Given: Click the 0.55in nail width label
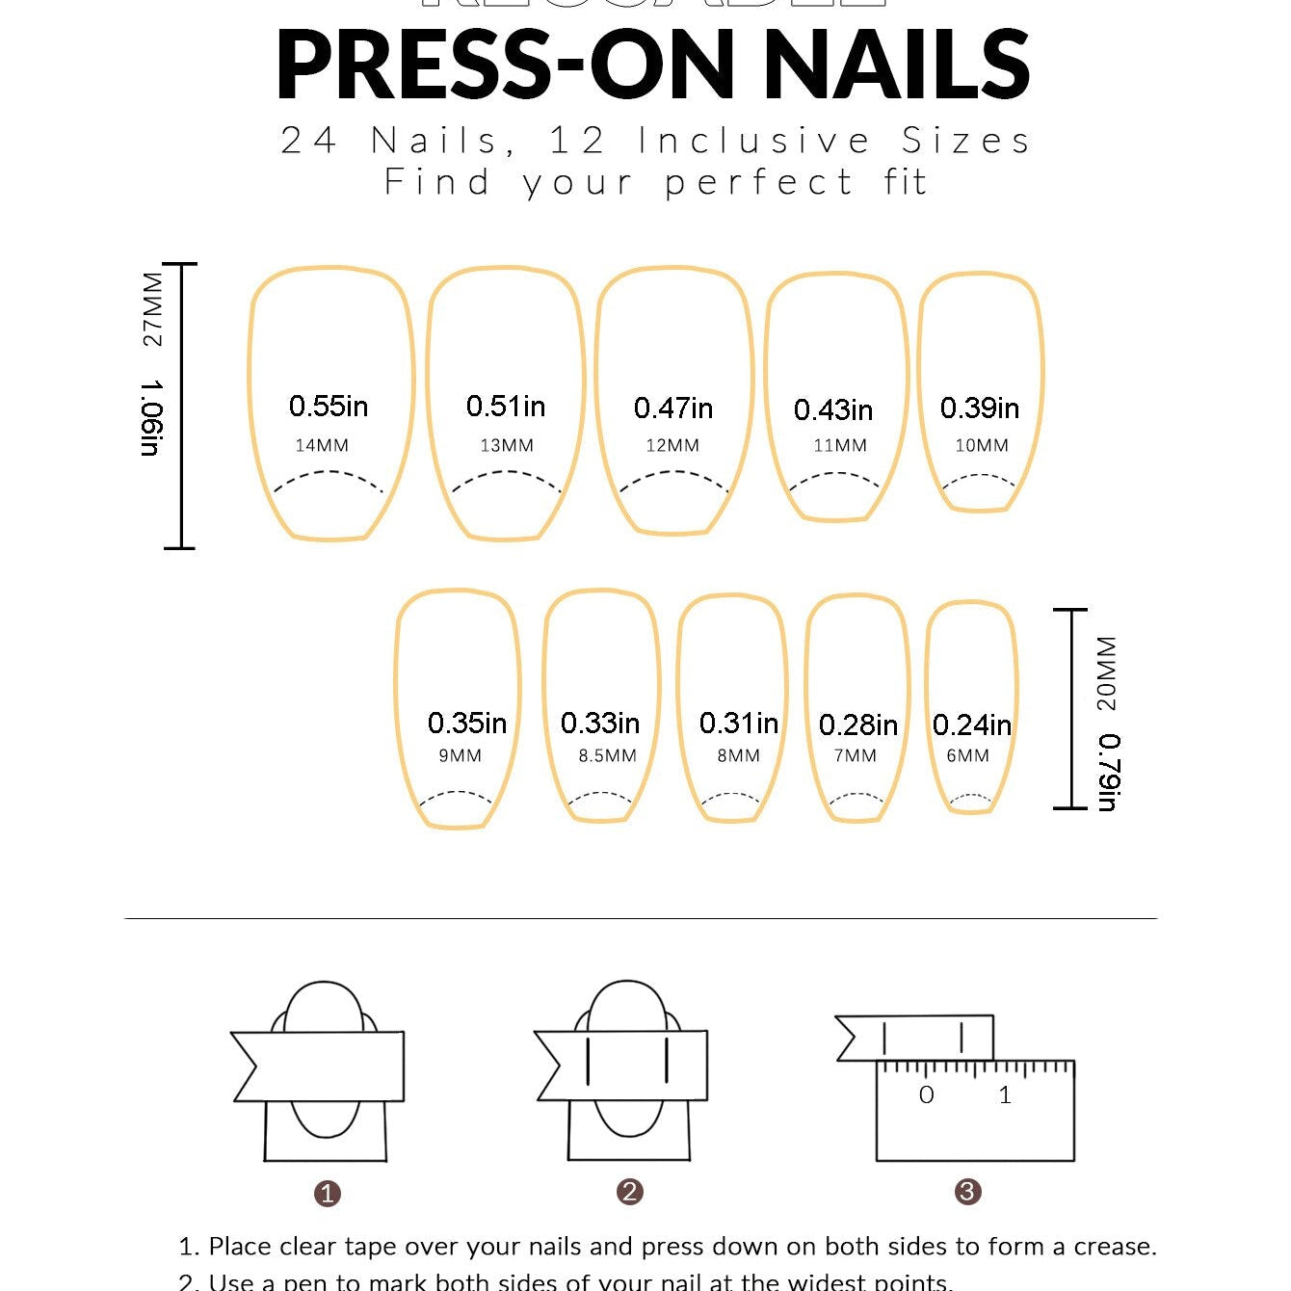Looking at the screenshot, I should [329, 407].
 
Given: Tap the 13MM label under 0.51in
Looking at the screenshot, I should [507, 445].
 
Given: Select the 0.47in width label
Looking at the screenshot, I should [673, 408].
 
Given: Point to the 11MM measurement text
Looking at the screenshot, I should [840, 445].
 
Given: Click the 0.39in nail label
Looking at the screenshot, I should [980, 408].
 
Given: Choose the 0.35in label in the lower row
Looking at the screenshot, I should [467, 723].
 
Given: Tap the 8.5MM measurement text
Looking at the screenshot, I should [607, 756].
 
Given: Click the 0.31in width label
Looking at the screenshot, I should [739, 723].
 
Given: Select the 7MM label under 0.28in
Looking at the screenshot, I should [856, 756].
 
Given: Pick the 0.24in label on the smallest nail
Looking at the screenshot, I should [972, 725].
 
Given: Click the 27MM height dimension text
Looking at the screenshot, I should [152, 309].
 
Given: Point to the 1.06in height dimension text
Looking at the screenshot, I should [152, 418].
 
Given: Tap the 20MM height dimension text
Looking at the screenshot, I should [1107, 672].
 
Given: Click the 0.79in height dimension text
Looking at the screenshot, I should [1108, 773].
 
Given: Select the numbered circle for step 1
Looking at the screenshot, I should [328, 1194].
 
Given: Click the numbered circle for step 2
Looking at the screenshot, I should [629, 1192].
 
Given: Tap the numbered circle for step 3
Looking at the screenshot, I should [967, 1192].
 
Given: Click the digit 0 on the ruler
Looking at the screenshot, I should [926, 1095].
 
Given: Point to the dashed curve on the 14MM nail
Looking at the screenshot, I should [329, 474].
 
